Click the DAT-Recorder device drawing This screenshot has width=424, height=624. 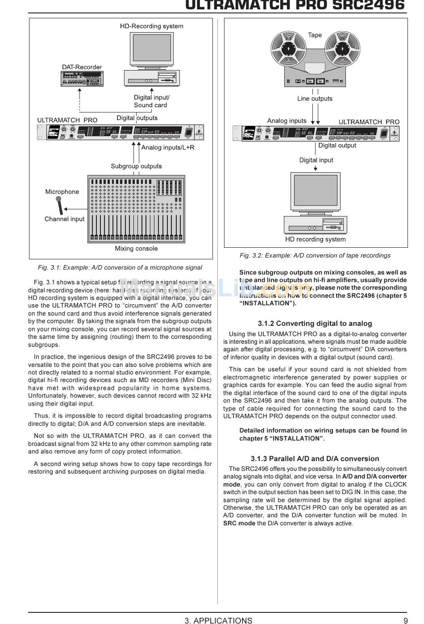click(82, 79)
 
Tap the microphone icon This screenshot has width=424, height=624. click(60, 205)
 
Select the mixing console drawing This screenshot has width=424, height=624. click(136, 209)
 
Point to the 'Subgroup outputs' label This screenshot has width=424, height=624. click(136, 166)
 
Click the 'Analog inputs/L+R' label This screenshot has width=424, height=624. click(168, 147)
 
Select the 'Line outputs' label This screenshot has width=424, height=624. click(315, 99)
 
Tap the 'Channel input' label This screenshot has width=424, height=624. click(64, 219)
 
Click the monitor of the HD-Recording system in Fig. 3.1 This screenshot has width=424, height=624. click(152, 49)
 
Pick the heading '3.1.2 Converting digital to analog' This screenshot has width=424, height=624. click(315, 324)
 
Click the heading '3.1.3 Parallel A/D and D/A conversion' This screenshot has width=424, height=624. click(315, 459)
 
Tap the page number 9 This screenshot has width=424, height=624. click(405, 620)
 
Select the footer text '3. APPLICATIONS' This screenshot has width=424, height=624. click(218, 620)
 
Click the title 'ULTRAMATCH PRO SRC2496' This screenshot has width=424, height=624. click(295, 5)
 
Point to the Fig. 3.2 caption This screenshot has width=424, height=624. click(315, 255)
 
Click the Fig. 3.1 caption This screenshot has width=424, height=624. click(120, 267)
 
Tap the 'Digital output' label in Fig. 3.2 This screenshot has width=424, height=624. click(337, 146)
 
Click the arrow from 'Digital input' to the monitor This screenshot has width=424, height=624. click(316, 168)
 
